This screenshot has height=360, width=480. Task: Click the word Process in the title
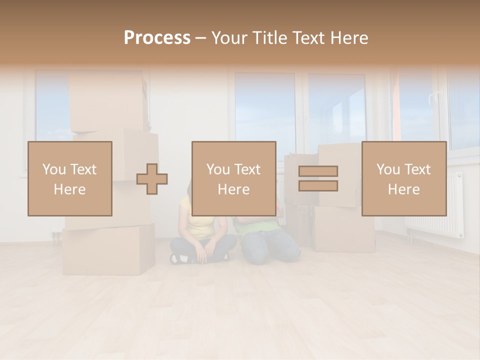[157, 37]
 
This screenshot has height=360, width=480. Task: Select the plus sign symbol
[152, 179]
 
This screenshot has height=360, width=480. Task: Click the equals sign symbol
[318, 178]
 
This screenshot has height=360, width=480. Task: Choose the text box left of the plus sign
[70, 178]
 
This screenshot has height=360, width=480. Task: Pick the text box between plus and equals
[234, 178]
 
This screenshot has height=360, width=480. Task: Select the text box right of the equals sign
[404, 178]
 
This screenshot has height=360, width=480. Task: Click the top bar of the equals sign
[318, 171]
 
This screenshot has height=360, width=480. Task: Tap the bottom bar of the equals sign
[318, 185]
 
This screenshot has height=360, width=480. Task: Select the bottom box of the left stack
[108, 250]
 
